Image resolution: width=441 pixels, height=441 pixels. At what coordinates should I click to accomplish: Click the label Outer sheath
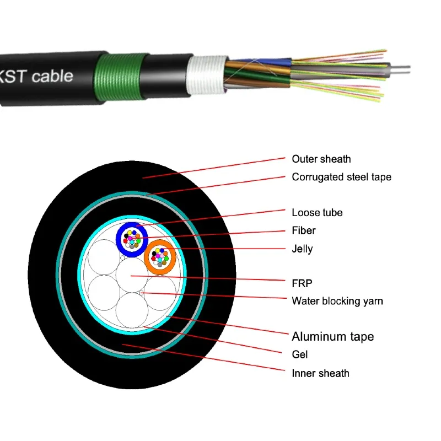321,159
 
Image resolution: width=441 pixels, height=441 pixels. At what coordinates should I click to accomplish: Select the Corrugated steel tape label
341,177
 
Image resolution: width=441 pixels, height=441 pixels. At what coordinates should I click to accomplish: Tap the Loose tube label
317,213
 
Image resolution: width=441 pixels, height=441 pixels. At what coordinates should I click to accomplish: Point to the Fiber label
304,230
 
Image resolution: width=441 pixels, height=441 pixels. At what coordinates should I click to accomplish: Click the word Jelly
302,249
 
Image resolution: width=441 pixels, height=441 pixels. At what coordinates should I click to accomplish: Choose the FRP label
302,283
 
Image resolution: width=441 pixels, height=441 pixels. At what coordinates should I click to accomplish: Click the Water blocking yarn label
337,301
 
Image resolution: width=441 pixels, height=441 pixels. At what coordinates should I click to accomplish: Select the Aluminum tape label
332,336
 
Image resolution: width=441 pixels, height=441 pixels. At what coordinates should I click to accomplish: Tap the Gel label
299,354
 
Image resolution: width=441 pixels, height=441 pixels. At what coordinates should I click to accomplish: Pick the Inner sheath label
320,373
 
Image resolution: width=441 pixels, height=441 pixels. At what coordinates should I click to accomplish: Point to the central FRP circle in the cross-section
131,275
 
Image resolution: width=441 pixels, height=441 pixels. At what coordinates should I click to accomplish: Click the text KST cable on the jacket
36,76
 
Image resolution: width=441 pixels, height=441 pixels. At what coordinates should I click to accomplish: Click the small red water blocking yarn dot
142,293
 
